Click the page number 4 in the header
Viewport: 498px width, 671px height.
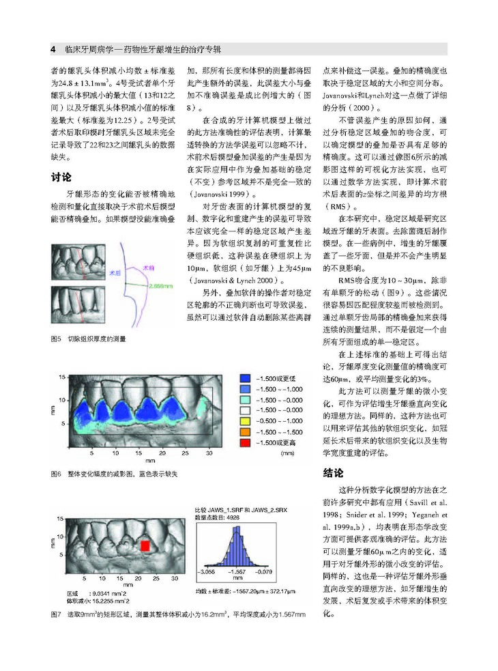53,50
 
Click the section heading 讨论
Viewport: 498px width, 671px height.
61,177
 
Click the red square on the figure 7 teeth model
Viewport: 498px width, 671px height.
145,545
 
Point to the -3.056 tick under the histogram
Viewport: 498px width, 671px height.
207,570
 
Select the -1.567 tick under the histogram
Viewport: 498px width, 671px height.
237,570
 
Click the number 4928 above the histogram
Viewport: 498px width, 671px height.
233,518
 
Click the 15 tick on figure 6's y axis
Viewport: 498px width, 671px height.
62,377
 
